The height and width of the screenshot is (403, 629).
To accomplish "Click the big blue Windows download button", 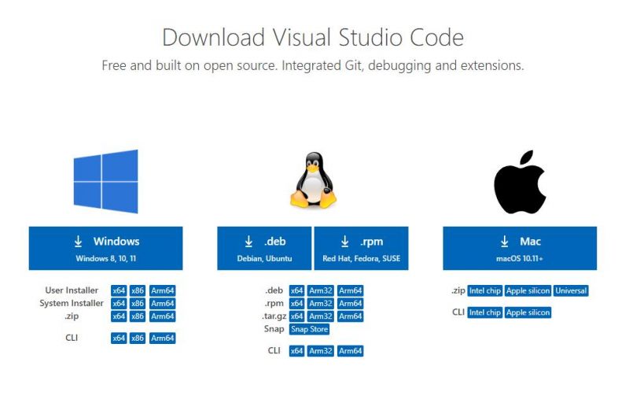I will pos(105,248).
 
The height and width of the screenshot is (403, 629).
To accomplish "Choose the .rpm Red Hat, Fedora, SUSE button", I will pos(361,248).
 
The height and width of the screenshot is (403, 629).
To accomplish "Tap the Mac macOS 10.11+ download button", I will pos(519,248).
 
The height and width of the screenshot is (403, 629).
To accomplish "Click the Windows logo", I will pos(105,181).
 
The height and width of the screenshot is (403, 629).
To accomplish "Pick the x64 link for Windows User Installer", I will pos(119,290).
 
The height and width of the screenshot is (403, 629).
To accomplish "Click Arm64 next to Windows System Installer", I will pos(162,303).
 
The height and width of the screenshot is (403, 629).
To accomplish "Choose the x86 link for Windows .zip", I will pos(138,316).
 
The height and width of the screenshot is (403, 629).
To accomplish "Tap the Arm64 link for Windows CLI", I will pos(162,338).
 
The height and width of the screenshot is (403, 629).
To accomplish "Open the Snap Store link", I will pos(309,329).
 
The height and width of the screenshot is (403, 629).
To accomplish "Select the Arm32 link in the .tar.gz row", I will pos(321,316).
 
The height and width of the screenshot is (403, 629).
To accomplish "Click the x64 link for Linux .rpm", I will pos(296,303).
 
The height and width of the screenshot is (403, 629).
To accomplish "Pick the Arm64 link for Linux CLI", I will pos(350,350).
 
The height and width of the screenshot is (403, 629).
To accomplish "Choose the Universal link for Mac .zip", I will pos(571,290).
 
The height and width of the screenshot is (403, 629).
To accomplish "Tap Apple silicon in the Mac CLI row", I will pos(528,312).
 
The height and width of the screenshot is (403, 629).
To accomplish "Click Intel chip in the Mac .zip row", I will pos(484,290).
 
